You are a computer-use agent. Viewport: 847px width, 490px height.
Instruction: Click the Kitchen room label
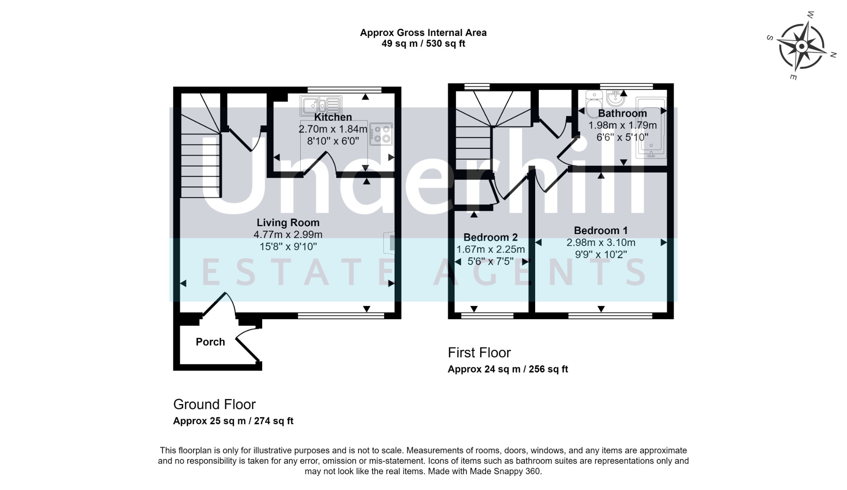[333, 117]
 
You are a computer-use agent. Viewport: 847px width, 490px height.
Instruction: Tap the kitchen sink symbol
[321, 105]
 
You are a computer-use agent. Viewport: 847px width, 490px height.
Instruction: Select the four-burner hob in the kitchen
[381, 134]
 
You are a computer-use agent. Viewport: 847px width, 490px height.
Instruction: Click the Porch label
[210, 342]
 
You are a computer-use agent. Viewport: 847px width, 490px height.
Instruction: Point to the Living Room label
[288, 222]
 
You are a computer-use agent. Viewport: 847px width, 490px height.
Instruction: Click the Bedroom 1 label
[601, 230]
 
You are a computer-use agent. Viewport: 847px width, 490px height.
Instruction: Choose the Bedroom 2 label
[490, 237]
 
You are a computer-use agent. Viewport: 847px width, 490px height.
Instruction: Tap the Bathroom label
[622, 113]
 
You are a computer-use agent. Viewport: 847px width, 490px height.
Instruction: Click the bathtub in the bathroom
[651, 128]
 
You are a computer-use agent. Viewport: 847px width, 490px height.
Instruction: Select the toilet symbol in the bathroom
[594, 100]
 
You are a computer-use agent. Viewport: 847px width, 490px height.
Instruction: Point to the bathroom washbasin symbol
[616, 98]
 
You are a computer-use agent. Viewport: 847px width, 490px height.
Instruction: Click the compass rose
[801, 46]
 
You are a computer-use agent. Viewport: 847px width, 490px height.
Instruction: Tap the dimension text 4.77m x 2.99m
[288, 234]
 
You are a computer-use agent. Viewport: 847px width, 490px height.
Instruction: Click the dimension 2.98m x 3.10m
[601, 242]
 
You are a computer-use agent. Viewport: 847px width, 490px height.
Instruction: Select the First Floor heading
[479, 353]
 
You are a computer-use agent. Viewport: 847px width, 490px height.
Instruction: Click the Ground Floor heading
[214, 404]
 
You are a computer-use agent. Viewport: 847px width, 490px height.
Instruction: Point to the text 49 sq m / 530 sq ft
[423, 43]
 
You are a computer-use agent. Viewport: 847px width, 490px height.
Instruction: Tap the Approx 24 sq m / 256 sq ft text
[507, 369]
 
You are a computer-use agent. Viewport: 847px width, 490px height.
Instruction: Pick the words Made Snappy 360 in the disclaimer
[505, 471]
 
